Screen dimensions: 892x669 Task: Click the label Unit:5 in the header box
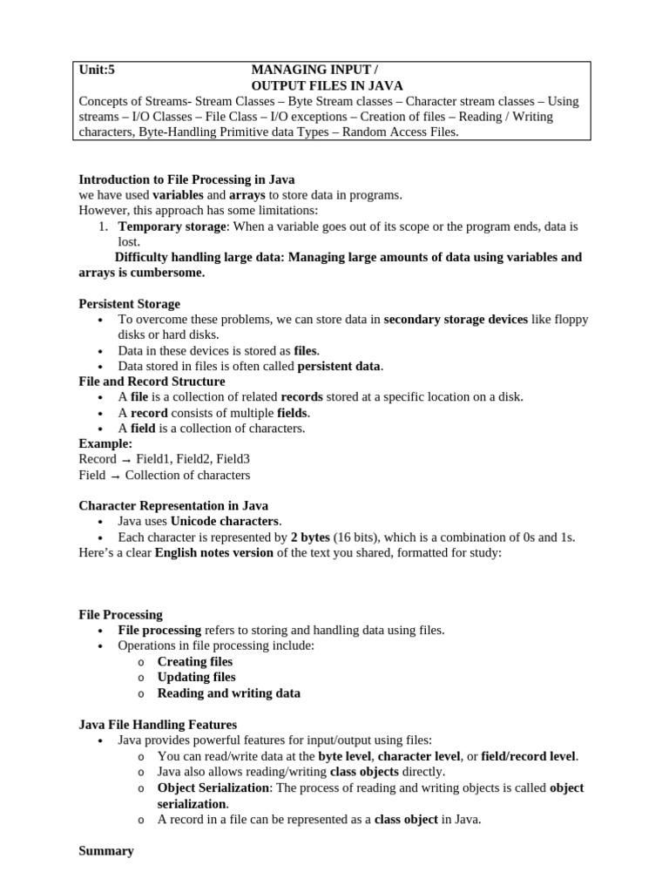click(x=97, y=70)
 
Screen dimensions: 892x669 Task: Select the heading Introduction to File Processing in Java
click(x=186, y=179)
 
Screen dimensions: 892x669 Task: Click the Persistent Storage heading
click(x=130, y=304)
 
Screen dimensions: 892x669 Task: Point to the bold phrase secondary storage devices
click(x=456, y=320)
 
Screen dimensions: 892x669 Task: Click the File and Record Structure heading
click(x=152, y=382)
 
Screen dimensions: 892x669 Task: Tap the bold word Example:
click(x=105, y=443)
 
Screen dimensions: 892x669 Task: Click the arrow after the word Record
click(x=125, y=460)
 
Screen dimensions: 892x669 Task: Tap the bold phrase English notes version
click(x=214, y=552)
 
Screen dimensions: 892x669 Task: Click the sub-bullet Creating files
click(x=195, y=661)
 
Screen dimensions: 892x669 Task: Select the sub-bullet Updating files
click(x=196, y=677)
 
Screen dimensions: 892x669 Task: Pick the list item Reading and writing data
click(x=228, y=693)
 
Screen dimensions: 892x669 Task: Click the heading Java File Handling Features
click(x=158, y=725)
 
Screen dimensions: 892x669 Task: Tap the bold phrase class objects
click(x=364, y=772)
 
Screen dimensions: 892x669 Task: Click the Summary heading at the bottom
click(x=106, y=851)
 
